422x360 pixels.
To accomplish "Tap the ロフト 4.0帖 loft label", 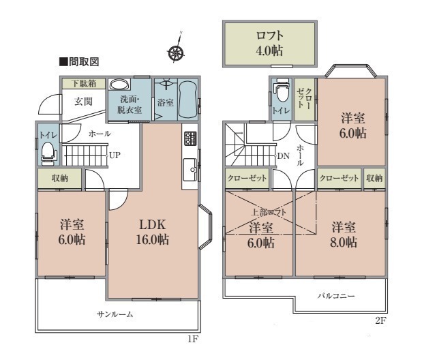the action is (269, 43).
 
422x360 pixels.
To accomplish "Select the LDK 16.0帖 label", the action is (152, 232).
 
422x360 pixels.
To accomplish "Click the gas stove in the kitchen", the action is (190, 138).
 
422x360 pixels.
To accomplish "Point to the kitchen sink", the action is (190, 170).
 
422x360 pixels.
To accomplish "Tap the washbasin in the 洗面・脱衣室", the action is (119, 85).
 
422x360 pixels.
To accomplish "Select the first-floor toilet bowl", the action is (49, 153).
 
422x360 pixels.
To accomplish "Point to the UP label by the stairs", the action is (115, 155).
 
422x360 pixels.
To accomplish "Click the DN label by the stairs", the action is (284, 156).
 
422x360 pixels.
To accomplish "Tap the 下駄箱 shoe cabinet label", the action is (84, 83).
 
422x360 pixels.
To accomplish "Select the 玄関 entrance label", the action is (83, 102).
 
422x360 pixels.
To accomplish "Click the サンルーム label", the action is (115, 314).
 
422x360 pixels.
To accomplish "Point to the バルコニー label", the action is (336, 296).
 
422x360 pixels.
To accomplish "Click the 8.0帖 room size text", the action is (344, 242).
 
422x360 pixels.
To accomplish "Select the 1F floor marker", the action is (193, 339).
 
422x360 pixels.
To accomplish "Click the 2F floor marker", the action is (381, 320).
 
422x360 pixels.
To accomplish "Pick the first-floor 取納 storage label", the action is (60, 178).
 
